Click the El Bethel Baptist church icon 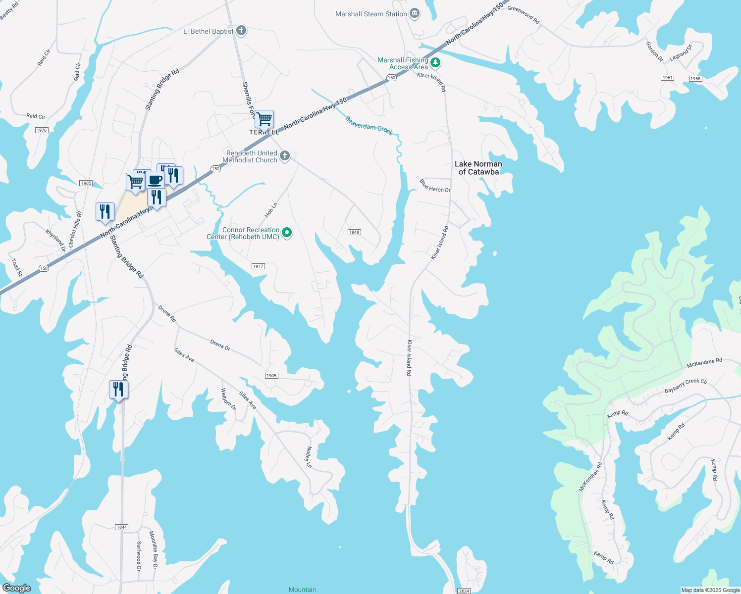241,31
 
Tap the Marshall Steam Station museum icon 415,14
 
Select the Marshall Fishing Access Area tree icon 435,63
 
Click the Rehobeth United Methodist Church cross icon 285,156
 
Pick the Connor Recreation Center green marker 287,232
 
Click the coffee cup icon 155,179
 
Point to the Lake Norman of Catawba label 478,168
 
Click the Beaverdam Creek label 369,126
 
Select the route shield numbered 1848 354,232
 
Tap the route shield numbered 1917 258,266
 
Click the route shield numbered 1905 271,376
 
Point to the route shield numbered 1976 42,130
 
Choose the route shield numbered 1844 122,527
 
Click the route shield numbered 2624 464,591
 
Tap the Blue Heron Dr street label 435,186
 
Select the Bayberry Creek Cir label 686,386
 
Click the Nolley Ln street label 309,457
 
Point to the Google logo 17,588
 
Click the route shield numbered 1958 695,79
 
